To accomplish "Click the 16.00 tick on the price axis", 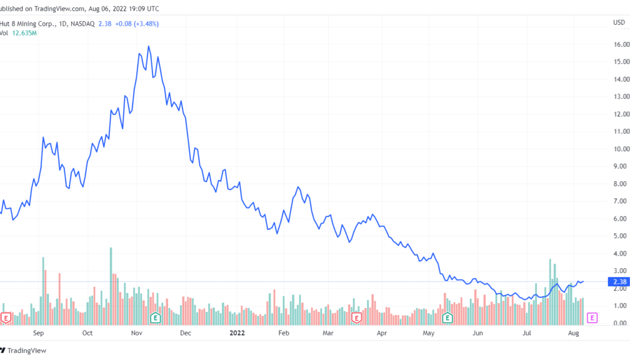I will click(621, 44).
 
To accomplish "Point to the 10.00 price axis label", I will click(621, 149).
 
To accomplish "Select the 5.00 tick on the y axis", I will click(621, 236).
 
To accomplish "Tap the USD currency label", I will click(619, 23).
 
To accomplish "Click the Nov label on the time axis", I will click(136, 332).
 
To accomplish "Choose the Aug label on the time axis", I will click(574, 332).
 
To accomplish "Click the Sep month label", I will click(38, 332).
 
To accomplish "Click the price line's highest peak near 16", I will click(148, 46).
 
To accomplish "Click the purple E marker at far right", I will click(592, 317).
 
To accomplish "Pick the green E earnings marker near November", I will click(155, 317).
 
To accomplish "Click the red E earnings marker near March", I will click(356, 317).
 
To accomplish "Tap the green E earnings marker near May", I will click(447, 317).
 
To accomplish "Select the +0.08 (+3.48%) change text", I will click(136, 24).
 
